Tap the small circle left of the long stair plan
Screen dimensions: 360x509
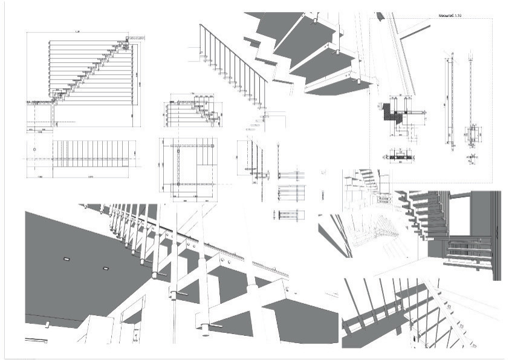pos(34,149)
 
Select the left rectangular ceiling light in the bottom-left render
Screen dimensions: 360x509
pos(66,259)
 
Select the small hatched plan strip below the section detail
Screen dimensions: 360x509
pos(399,158)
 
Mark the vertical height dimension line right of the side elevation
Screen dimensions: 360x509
pos(141,85)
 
